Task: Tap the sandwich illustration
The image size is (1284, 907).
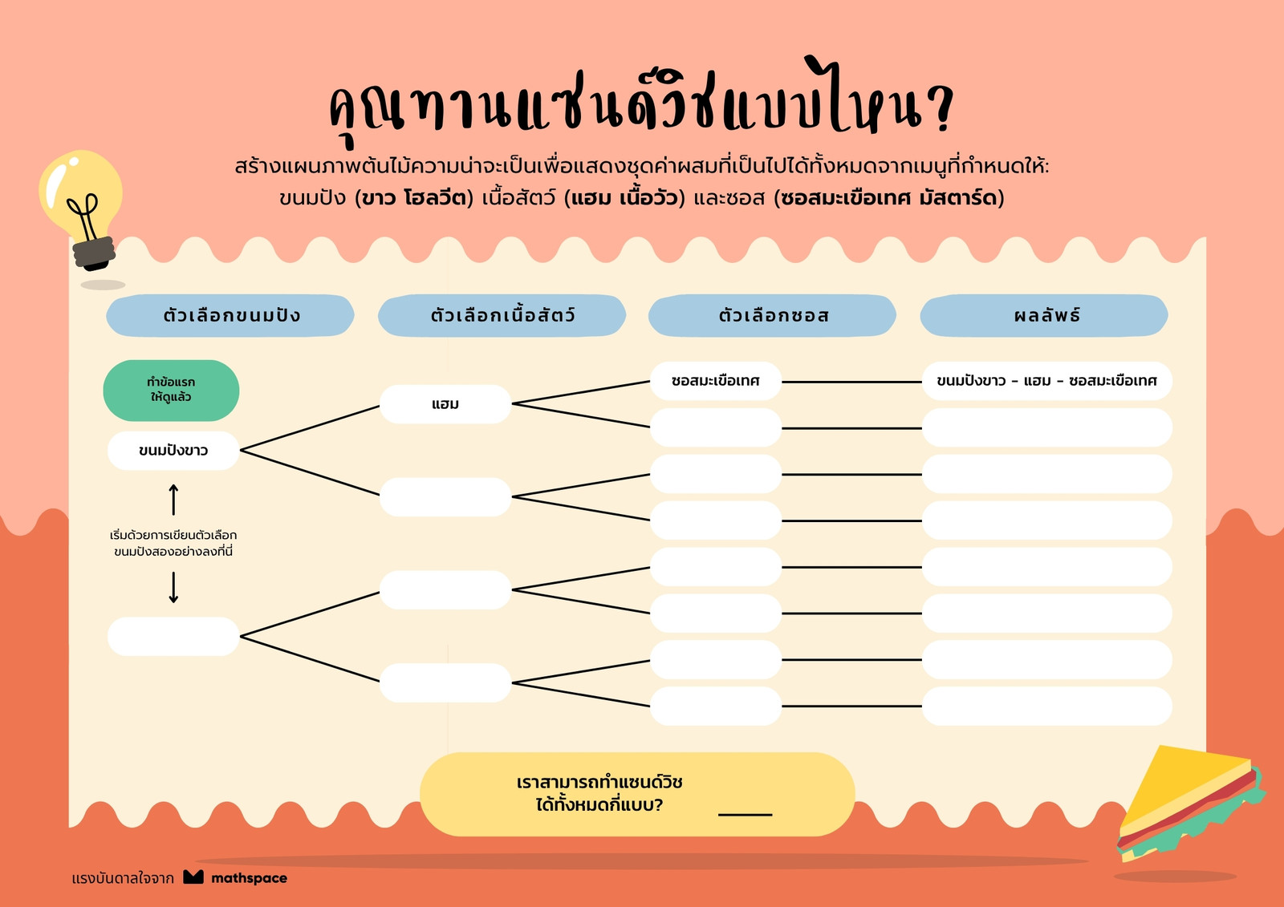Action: pos(1189,802)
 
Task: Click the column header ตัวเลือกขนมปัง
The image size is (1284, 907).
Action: pos(230,315)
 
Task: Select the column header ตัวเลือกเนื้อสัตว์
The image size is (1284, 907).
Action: pos(502,315)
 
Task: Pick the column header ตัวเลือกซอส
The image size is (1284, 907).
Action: pos(773,315)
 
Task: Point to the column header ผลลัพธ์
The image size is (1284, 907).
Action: pos(1044,315)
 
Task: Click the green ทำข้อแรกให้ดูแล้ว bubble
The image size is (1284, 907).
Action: pos(172,391)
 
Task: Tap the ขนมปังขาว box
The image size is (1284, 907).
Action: pos(173,451)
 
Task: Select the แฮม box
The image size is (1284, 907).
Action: pos(445,404)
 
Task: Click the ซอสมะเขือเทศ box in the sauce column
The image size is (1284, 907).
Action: pos(716,381)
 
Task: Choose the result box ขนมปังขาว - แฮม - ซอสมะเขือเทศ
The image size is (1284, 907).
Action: pos(1046,381)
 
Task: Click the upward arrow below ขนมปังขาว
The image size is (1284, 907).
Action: pos(173,500)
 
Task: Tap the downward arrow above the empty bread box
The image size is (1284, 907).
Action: pos(173,587)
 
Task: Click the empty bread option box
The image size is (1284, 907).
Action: pos(173,637)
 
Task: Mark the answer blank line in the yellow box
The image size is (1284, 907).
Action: pos(746,814)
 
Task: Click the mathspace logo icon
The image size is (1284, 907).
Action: pos(193,877)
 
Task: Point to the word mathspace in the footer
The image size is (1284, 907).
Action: pos(250,878)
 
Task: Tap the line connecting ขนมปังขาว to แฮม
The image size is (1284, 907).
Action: pos(310,428)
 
